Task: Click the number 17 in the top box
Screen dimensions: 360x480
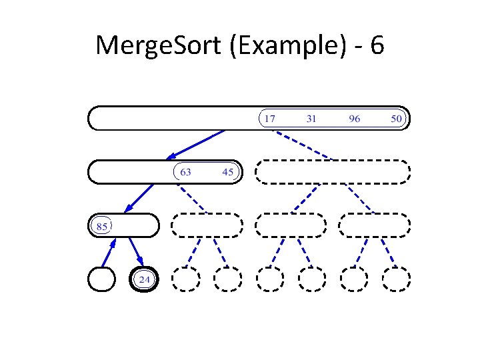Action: coord(269,119)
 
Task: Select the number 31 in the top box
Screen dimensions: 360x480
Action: coord(311,119)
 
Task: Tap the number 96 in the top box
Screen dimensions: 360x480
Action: coord(354,119)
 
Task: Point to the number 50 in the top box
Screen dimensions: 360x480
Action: coord(396,119)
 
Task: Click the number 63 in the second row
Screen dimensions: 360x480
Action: coord(185,172)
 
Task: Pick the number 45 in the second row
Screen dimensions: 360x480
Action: coord(227,172)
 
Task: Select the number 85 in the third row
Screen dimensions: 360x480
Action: coord(102,226)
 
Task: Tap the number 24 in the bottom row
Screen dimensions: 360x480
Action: coord(144,279)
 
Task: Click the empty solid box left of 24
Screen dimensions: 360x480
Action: coord(101,279)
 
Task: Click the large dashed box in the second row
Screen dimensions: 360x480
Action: coord(333,172)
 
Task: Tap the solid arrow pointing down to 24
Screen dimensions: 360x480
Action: coord(135,253)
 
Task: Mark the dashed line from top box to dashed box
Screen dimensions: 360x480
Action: coord(303,145)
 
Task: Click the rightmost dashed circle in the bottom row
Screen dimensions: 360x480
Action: coord(396,279)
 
